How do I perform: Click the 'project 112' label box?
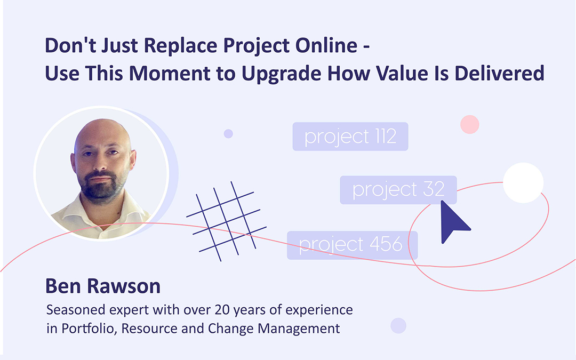pos(350,137)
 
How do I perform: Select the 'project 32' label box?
pos(398,190)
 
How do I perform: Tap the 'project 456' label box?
pos(352,245)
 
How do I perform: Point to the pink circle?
pos(470,124)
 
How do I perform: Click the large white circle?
pos(523,182)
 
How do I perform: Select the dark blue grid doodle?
pos(226,220)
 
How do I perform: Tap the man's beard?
pos(101,187)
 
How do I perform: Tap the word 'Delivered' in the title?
pos(499,73)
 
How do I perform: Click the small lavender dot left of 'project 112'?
pos(228,133)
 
